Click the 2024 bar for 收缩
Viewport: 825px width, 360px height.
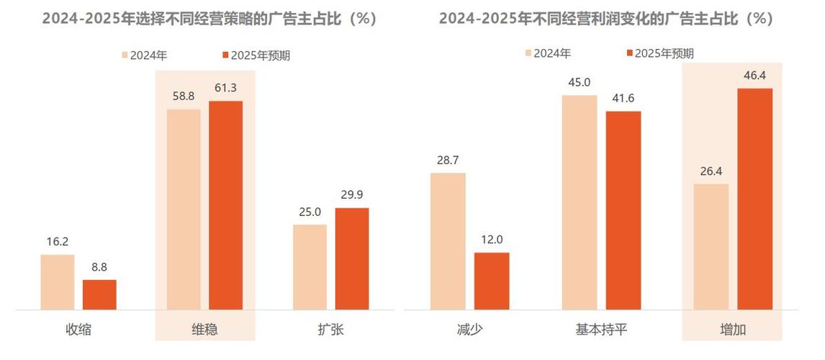(57, 282)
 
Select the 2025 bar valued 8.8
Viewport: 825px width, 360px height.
(99, 295)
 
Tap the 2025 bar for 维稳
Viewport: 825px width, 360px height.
(226, 205)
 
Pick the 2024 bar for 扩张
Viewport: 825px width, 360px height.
(310, 267)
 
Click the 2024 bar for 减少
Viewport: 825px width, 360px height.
(448, 241)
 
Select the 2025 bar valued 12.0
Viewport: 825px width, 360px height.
(492, 281)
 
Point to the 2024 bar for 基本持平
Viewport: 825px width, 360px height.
(580, 202)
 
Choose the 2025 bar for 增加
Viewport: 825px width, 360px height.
(754, 199)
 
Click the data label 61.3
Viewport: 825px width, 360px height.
(226, 89)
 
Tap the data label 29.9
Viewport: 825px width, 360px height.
(352, 195)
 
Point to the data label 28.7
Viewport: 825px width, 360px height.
(448, 160)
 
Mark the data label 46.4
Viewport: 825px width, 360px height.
(754, 75)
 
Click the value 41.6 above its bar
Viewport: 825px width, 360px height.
(623, 99)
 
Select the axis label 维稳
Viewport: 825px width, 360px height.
(204, 330)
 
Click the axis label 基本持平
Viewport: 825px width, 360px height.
(601, 330)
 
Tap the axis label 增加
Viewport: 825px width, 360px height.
(733, 330)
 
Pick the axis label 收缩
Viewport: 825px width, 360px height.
(78, 330)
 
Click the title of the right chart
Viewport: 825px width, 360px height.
(605, 19)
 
